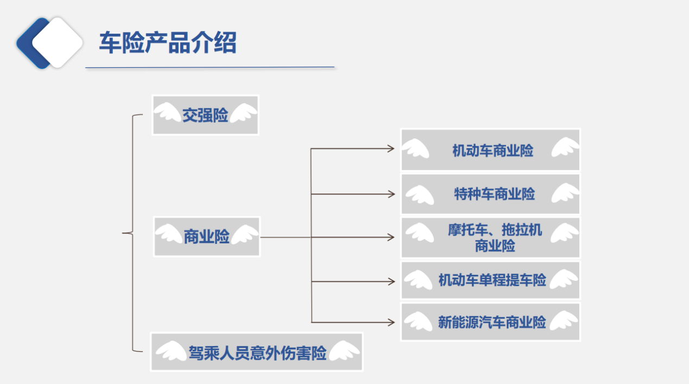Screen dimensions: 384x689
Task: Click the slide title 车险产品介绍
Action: click(167, 43)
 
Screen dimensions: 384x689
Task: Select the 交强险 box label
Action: click(205, 115)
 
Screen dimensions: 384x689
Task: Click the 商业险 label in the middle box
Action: click(207, 237)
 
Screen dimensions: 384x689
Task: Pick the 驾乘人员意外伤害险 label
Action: click(257, 353)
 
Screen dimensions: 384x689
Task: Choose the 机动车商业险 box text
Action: click(492, 150)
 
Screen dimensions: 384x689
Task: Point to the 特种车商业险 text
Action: click(494, 194)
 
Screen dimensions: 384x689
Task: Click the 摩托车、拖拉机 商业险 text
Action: click(495, 238)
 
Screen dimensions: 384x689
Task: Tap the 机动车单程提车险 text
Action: click(492, 280)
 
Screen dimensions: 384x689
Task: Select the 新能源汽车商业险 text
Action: click(492, 322)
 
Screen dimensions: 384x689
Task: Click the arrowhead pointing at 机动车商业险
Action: click(391, 148)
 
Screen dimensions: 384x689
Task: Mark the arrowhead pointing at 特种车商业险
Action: click(391, 194)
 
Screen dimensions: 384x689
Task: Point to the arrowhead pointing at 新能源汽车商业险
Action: click(391, 322)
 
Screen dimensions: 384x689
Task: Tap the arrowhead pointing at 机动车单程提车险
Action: click(391, 281)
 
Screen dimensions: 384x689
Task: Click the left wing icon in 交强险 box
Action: click(167, 113)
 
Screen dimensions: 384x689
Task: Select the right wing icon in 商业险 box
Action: click(244, 234)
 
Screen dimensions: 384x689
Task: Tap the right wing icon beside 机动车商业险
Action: click(565, 147)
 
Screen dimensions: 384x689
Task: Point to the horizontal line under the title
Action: click(210, 67)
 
